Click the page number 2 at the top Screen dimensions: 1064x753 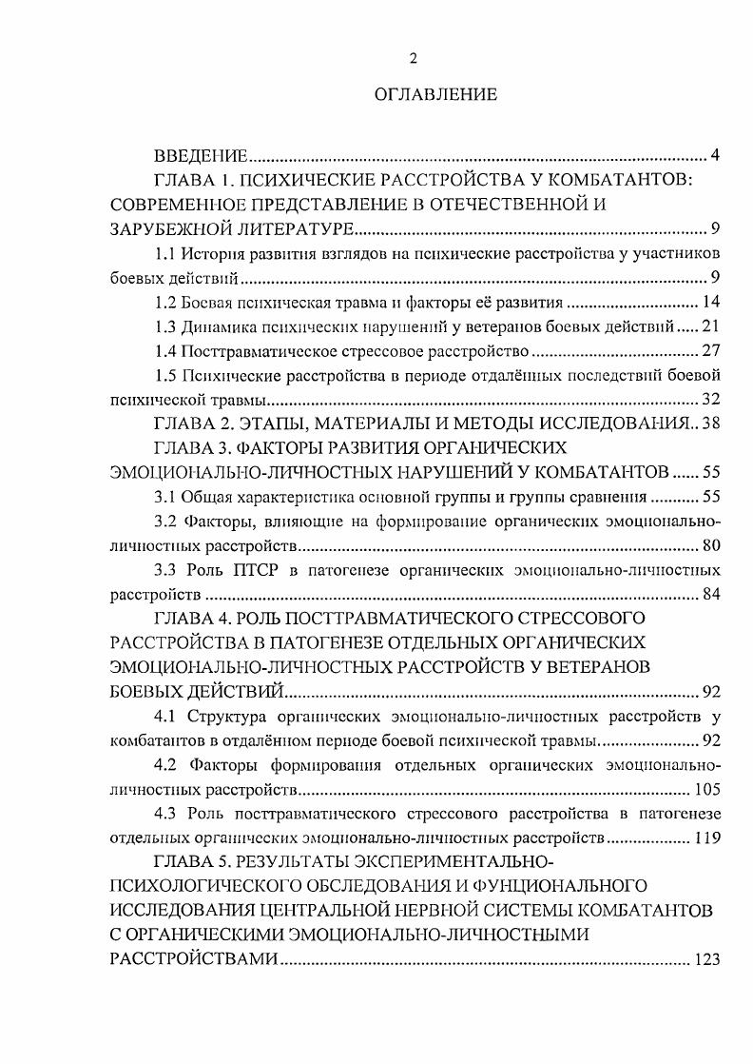click(413, 59)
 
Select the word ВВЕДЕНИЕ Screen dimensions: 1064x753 click(201, 155)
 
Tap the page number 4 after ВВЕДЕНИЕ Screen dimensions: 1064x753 click(714, 155)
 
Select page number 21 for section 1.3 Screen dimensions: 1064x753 click(711, 328)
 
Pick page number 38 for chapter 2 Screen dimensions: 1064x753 click(711, 424)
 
